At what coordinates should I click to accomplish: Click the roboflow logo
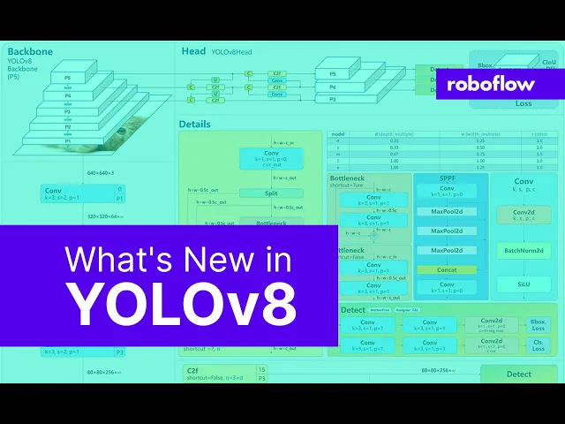pos(497,84)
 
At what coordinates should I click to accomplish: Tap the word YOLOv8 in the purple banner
pos(184,302)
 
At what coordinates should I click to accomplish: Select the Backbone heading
pos(29,51)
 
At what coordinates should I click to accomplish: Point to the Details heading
pos(194,124)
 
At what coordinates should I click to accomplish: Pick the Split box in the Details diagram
pos(270,193)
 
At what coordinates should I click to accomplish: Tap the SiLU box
pos(524,284)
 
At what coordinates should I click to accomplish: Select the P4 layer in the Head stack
pos(332,87)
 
